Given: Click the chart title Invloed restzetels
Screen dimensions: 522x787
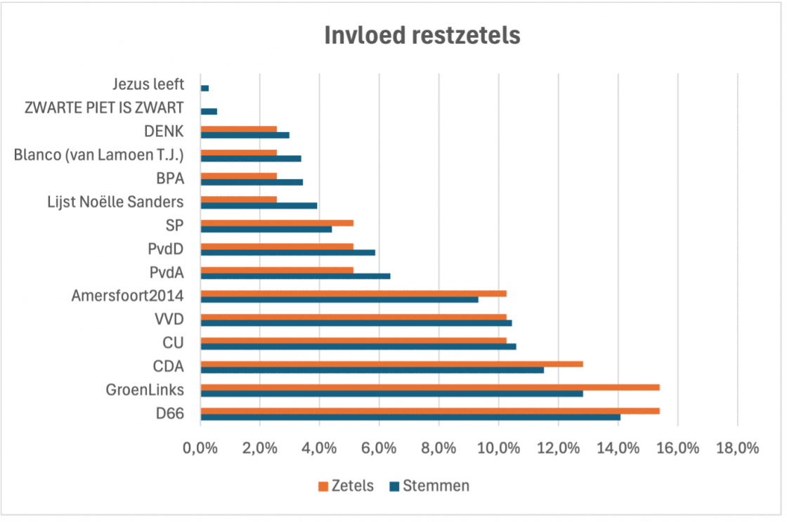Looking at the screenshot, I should coord(422,35).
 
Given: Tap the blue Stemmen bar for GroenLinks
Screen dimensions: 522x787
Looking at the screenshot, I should coord(391,393).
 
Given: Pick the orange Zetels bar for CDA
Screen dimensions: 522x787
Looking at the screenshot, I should coord(391,364).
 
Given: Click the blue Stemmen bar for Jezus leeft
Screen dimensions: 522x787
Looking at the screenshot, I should coord(204,89).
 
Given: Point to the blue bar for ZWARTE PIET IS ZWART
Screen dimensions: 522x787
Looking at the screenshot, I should coord(209,112).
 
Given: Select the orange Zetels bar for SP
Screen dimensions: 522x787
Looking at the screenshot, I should coord(277,223).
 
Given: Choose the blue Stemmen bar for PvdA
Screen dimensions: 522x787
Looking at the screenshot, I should coord(295,276).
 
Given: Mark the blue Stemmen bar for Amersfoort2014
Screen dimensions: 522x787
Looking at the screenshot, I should coord(339,299).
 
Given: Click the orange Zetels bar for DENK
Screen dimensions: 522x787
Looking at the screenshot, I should coord(238,129).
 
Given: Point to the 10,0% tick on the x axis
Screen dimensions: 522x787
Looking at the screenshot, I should coord(498,448).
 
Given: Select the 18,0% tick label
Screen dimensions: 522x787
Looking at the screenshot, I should coord(737,448).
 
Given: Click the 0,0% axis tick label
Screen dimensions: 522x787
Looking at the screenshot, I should coord(200,448).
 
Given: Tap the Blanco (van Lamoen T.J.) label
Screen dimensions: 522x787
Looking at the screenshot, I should coord(98,155).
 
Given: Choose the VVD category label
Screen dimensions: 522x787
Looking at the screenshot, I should coord(169,320).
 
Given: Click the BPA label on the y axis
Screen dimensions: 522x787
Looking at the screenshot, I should coord(170,178).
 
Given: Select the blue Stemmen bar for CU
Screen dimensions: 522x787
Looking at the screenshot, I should coord(358,346).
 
